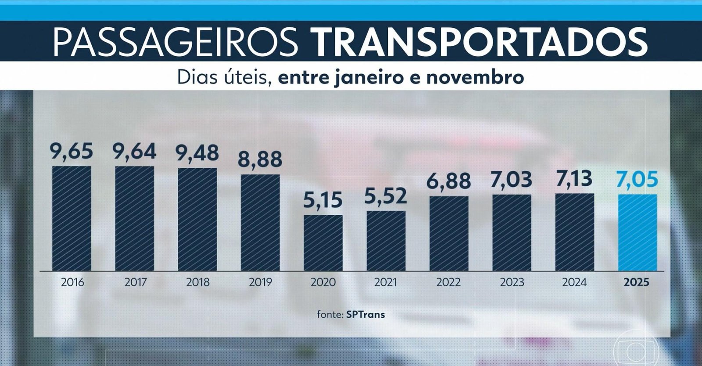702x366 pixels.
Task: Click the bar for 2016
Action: pyautogui.click(x=72, y=218)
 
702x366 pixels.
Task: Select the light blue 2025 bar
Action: pyautogui.click(x=638, y=232)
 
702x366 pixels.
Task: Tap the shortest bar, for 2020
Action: pyautogui.click(x=323, y=243)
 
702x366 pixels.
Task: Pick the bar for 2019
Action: pyautogui.click(x=260, y=222)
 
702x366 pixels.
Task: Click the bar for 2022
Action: pyautogui.click(x=449, y=233)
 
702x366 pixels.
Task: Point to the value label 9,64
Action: pyautogui.click(x=134, y=152)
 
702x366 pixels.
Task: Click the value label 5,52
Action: pyautogui.click(x=386, y=196)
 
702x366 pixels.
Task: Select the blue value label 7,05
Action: pyautogui.click(x=638, y=180)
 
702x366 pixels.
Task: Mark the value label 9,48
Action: pyautogui.click(x=197, y=153)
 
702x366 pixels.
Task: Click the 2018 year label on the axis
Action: pyautogui.click(x=197, y=282)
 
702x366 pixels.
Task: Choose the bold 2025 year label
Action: pyautogui.click(x=636, y=282)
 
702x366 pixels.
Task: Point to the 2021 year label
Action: pyautogui.click(x=386, y=282)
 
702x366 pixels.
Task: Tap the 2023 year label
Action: pyautogui.click(x=512, y=282)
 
